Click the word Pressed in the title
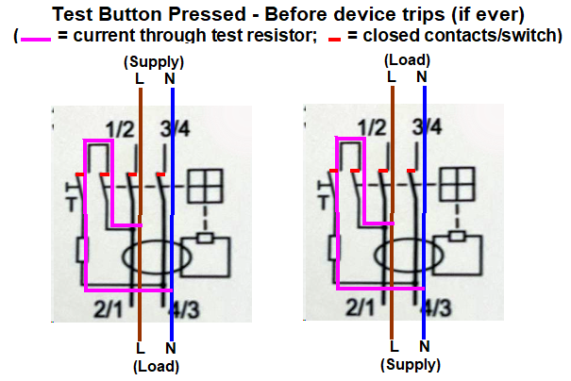click(x=207, y=14)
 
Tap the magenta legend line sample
click(x=36, y=39)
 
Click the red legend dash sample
click(x=334, y=39)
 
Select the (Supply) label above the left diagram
click(x=154, y=62)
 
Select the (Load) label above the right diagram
click(x=407, y=60)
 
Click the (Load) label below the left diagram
click(x=157, y=366)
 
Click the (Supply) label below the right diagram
click(x=411, y=364)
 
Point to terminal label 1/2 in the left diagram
click(x=120, y=129)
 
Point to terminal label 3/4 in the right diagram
click(x=427, y=127)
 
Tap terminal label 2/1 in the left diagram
click(x=109, y=309)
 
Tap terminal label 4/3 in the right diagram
click(x=436, y=307)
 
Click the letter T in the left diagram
click(x=72, y=205)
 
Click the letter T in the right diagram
click(x=324, y=203)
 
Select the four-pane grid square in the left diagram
click(x=205, y=187)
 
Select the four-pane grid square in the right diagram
click(x=457, y=184)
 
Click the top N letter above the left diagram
click(x=170, y=79)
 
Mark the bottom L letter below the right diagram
click(x=394, y=346)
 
